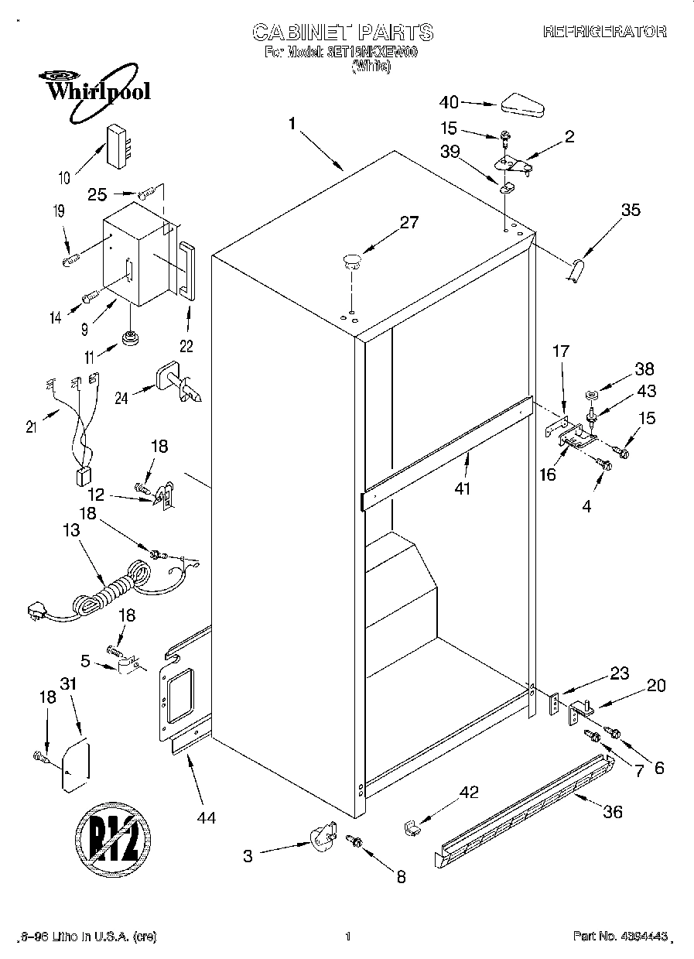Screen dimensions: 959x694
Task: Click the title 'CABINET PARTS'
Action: [x=343, y=33]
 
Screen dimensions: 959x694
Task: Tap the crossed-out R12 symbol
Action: [x=114, y=839]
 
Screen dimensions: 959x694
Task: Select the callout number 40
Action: [x=449, y=102]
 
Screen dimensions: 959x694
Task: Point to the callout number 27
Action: [x=409, y=223]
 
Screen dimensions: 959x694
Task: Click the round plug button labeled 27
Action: [x=352, y=261]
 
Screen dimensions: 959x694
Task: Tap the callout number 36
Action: [x=611, y=812]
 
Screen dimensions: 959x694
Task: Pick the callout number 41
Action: [x=463, y=488]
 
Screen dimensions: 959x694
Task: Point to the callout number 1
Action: [x=292, y=124]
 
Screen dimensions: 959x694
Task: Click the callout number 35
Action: [x=631, y=209]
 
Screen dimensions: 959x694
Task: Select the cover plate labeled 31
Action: [x=75, y=765]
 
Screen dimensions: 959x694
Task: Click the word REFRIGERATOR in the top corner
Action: [x=604, y=32]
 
